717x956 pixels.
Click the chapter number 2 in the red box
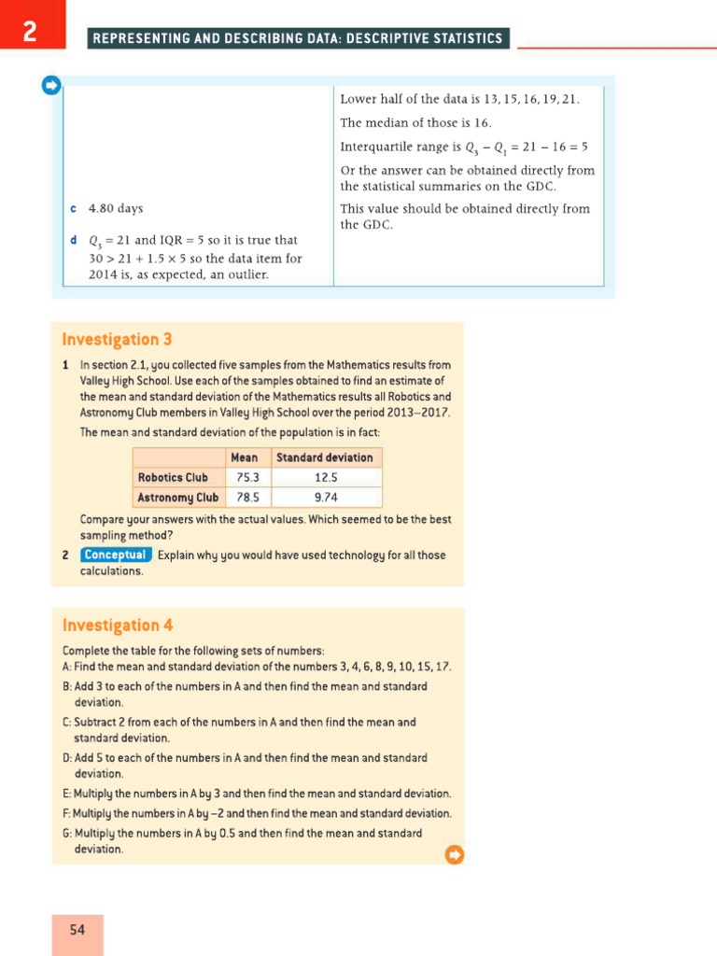31,33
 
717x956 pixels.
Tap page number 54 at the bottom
77,930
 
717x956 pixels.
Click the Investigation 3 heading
117,340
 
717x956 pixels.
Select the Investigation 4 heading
117,626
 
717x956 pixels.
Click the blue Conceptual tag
115,555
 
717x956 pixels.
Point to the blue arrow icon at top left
51,86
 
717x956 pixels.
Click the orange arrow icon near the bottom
455,854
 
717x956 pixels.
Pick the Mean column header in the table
245,457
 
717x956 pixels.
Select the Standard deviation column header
324,457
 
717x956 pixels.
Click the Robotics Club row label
173,478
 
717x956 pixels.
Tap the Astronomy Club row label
177,498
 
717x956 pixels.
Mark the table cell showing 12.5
326,478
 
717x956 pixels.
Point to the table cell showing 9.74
326,498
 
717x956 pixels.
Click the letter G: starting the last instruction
67,834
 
